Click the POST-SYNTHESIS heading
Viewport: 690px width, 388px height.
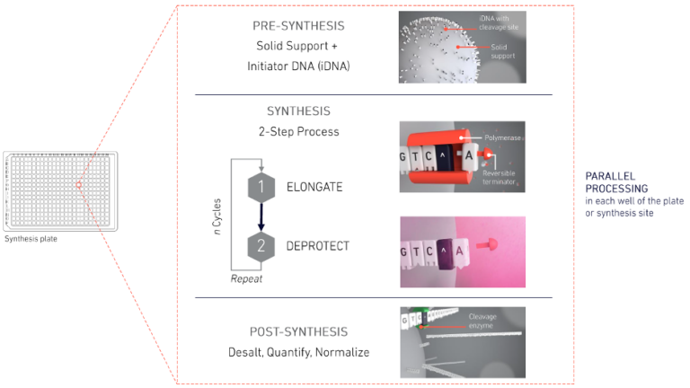click(x=298, y=331)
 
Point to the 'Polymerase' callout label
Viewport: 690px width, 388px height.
click(x=506, y=140)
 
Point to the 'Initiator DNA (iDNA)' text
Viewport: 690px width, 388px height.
click(x=299, y=65)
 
